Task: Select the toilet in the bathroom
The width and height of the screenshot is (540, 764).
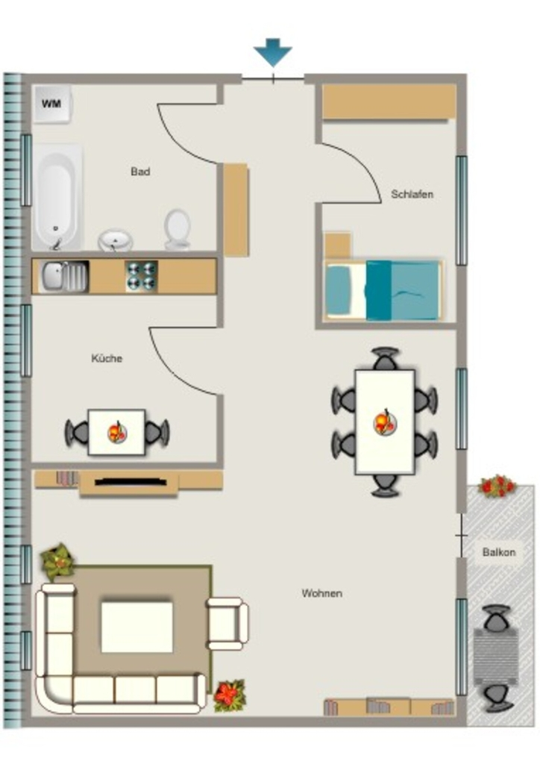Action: (177, 229)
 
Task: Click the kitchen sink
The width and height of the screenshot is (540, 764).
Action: (64, 276)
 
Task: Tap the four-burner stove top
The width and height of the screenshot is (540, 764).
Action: (141, 276)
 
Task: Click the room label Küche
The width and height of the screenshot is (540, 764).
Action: (107, 358)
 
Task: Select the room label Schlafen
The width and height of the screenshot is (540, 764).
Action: (412, 194)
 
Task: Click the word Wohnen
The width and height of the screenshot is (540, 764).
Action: (322, 593)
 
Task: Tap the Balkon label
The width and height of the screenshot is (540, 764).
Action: (499, 552)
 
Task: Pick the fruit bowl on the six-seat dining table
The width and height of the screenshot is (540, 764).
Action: (385, 422)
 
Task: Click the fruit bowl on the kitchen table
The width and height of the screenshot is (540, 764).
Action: (117, 432)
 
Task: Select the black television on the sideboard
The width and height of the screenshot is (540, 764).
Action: (131, 482)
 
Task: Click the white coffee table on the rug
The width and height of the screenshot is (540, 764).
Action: (136, 627)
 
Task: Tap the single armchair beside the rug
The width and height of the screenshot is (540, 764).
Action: (227, 624)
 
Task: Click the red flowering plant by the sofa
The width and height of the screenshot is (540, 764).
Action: (230, 695)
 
